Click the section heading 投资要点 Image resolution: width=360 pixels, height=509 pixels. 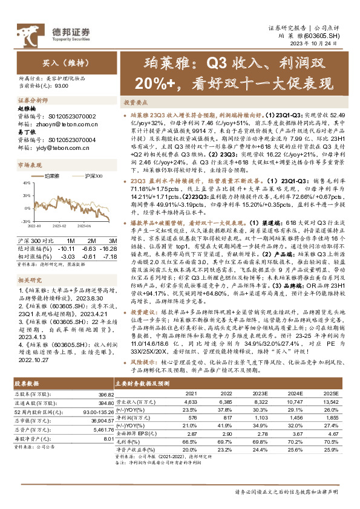[136, 103]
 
